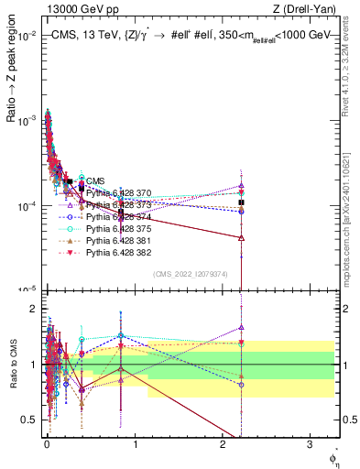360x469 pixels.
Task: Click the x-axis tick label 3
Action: coord(310,447)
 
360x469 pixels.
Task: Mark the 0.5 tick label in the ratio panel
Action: coord(27,420)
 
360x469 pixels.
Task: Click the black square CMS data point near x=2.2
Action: coord(241,202)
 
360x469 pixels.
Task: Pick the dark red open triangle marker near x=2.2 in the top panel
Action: coord(241,237)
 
